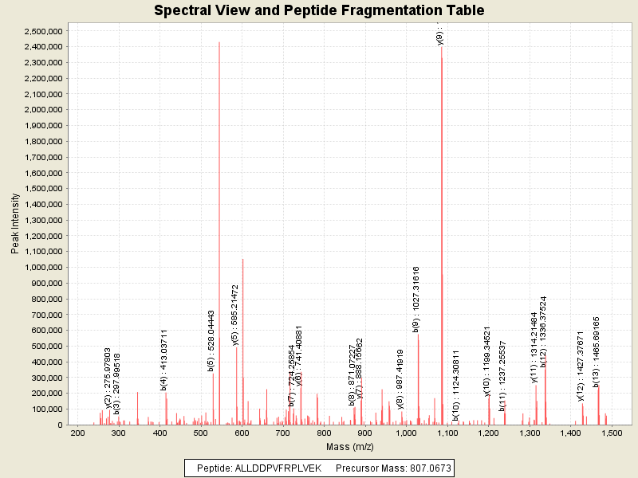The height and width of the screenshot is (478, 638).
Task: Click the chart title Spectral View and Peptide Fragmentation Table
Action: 319,10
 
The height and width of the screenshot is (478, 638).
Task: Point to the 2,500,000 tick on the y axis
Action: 41,31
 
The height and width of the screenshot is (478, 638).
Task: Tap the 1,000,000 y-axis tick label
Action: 41,267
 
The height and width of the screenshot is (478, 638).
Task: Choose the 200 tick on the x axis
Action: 77,433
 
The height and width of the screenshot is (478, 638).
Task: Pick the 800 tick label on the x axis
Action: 325,433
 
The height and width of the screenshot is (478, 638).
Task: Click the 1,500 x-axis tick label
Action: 611,433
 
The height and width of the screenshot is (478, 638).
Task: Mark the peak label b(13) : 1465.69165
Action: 597,353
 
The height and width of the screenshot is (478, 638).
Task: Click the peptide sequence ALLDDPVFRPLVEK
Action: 278,468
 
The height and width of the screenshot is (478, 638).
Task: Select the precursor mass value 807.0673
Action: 422,468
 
